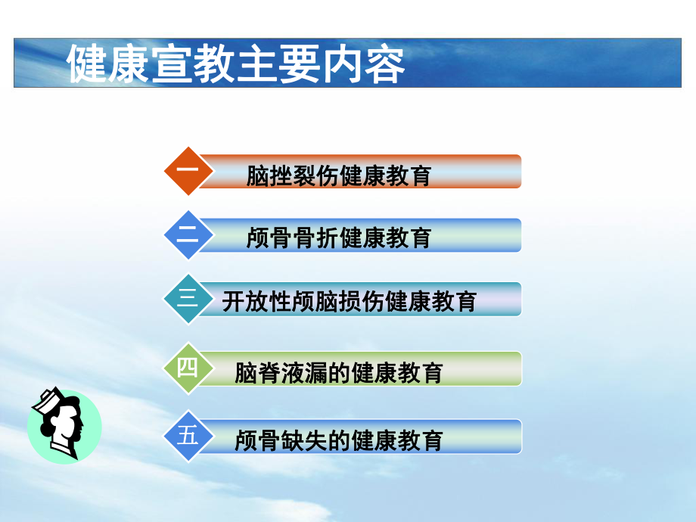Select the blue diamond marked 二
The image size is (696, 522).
[188, 235]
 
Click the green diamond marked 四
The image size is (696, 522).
[188, 368]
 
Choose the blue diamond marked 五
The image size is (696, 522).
[188, 437]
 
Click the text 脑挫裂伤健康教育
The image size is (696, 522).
[338, 176]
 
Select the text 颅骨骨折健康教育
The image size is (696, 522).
[338, 238]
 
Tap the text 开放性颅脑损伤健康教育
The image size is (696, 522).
[349, 302]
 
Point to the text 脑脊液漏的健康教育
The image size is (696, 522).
[338, 372]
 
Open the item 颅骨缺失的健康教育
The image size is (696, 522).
[338, 440]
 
